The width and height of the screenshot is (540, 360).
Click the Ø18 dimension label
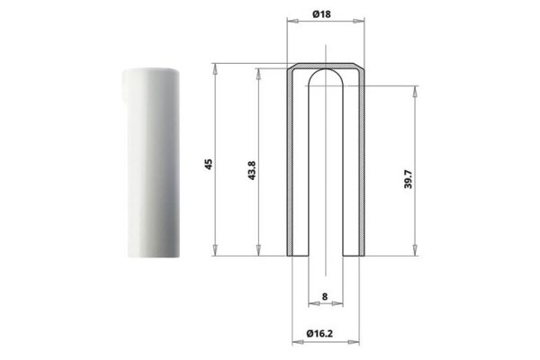point(321,14)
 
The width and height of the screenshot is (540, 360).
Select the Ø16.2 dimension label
point(319,334)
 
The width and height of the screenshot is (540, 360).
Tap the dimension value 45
point(209,165)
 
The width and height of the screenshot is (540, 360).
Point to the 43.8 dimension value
point(252,170)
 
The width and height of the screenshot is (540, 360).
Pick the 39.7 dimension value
point(408,179)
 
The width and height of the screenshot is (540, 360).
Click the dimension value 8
point(325,296)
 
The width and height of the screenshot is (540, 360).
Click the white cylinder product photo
point(151,163)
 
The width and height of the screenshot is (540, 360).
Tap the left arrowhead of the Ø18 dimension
point(292,22)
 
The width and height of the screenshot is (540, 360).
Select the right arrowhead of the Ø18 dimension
point(359,22)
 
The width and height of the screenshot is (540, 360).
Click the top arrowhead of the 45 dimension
point(215,68)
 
